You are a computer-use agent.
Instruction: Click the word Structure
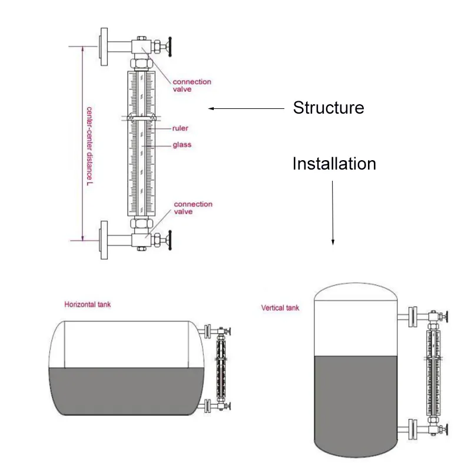[x=329, y=108]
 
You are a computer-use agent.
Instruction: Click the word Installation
[x=334, y=164]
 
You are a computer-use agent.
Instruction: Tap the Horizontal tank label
[x=87, y=305]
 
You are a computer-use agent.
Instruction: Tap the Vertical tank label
[x=280, y=308]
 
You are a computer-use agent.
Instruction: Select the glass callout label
[x=181, y=145]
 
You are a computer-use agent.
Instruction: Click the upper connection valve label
[x=191, y=85]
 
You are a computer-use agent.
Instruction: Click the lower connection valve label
[x=193, y=208]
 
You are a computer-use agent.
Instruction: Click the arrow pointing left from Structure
[x=247, y=108]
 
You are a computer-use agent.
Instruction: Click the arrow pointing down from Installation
[x=333, y=212]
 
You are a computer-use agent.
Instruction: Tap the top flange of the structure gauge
[x=105, y=46]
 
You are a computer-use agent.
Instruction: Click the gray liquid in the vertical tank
[x=356, y=400]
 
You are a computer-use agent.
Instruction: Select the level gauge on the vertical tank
[x=435, y=374]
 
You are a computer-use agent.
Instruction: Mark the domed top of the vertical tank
[x=356, y=291]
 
